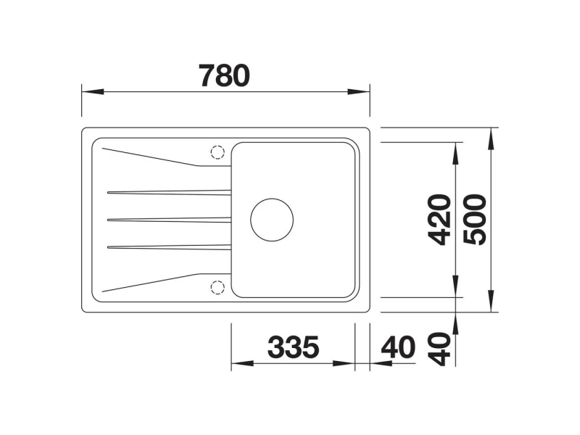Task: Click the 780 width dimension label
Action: [x=224, y=75]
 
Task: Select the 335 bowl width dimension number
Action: [x=293, y=347]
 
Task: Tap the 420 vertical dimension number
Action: [x=439, y=220]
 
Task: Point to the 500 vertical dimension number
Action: [x=475, y=220]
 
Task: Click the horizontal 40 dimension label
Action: [x=398, y=347]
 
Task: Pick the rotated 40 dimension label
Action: [x=439, y=349]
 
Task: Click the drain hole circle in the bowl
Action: [x=272, y=220]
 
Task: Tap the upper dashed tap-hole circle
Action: [x=217, y=152]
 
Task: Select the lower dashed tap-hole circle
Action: [x=217, y=287]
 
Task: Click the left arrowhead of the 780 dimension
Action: [x=93, y=91]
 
